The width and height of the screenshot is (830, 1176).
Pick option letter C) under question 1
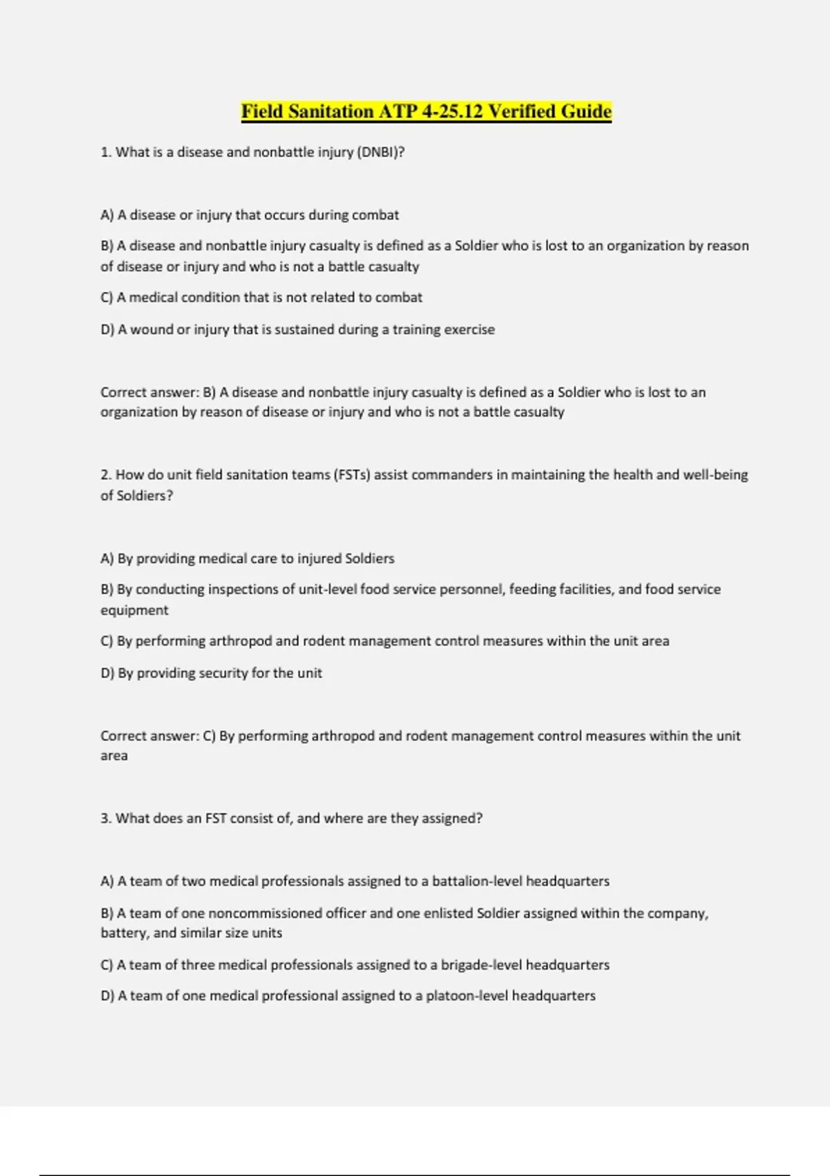[107, 297]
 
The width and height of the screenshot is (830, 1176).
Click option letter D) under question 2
[107, 673]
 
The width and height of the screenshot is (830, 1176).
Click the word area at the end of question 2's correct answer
[114, 756]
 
